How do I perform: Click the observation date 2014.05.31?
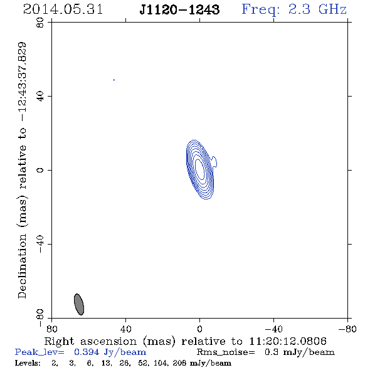point(63,9)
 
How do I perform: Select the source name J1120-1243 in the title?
point(179,9)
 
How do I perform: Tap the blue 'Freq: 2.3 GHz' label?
point(294,9)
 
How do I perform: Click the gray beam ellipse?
point(79,304)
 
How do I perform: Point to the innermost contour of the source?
point(199,169)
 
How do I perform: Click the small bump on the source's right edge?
point(214,162)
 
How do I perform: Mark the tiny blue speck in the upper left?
point(114,80)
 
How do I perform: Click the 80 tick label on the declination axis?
point(40,23)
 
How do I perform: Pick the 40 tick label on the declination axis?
point(40,97)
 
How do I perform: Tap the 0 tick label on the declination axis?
point(40,170)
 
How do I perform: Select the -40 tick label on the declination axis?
point(40,244)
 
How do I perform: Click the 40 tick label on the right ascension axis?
point(126,329)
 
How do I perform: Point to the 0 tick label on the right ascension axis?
point(199,329)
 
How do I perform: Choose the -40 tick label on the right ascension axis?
point(273,329)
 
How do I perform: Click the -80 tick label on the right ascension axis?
point(347,329)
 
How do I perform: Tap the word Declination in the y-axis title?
point(22,266)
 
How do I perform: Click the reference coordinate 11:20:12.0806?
point(288,341)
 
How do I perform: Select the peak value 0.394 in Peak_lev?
point(87,352)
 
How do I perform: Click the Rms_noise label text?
point(226,352)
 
